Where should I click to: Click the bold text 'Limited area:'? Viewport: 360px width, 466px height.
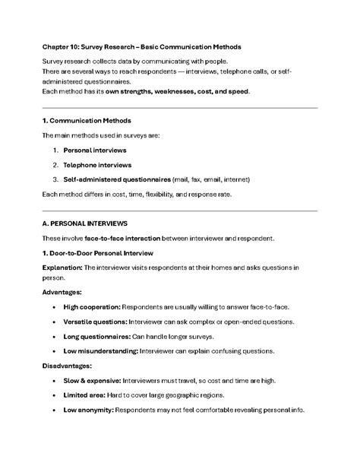[x=84, y=395]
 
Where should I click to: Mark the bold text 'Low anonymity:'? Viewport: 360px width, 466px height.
[x=87, y=410]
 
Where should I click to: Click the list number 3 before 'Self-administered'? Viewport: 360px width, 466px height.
[x=55, y=179]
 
